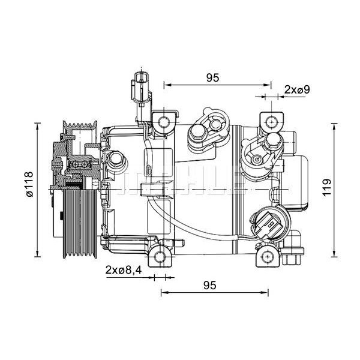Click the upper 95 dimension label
(212, 77)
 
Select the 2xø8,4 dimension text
(124, 269)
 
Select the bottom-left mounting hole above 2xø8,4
(158, 257)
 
